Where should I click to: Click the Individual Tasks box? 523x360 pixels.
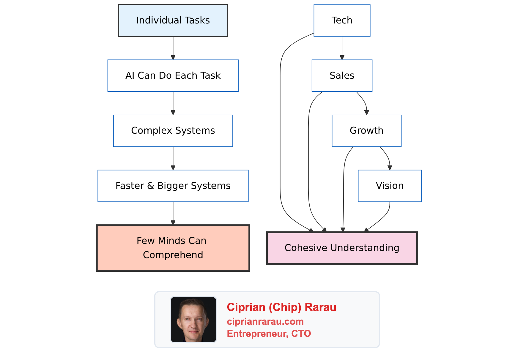coord(173,20)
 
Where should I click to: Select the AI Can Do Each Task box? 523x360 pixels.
coord(173,76)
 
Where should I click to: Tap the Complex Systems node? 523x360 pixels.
coord(173,131)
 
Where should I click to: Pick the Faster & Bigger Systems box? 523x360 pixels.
coord(173,186)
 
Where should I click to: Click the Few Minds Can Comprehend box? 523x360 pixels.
coord(173,248)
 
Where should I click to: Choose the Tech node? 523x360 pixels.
coord(342,20)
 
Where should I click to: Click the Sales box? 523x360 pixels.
coord(342,76)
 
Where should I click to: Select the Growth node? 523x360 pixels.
coord(366,131)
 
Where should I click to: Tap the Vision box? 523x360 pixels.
coord(390,186)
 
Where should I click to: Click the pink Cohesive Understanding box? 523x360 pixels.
coord(342,248)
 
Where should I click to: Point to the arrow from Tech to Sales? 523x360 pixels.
coord(342,48)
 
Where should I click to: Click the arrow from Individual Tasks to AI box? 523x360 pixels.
coord(173,48)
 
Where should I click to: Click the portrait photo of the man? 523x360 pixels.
coord(193,320)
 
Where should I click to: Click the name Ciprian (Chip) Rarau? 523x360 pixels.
coord(281,307)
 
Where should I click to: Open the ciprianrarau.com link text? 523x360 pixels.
coord(265,321)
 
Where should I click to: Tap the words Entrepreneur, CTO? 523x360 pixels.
coord(269,334)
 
